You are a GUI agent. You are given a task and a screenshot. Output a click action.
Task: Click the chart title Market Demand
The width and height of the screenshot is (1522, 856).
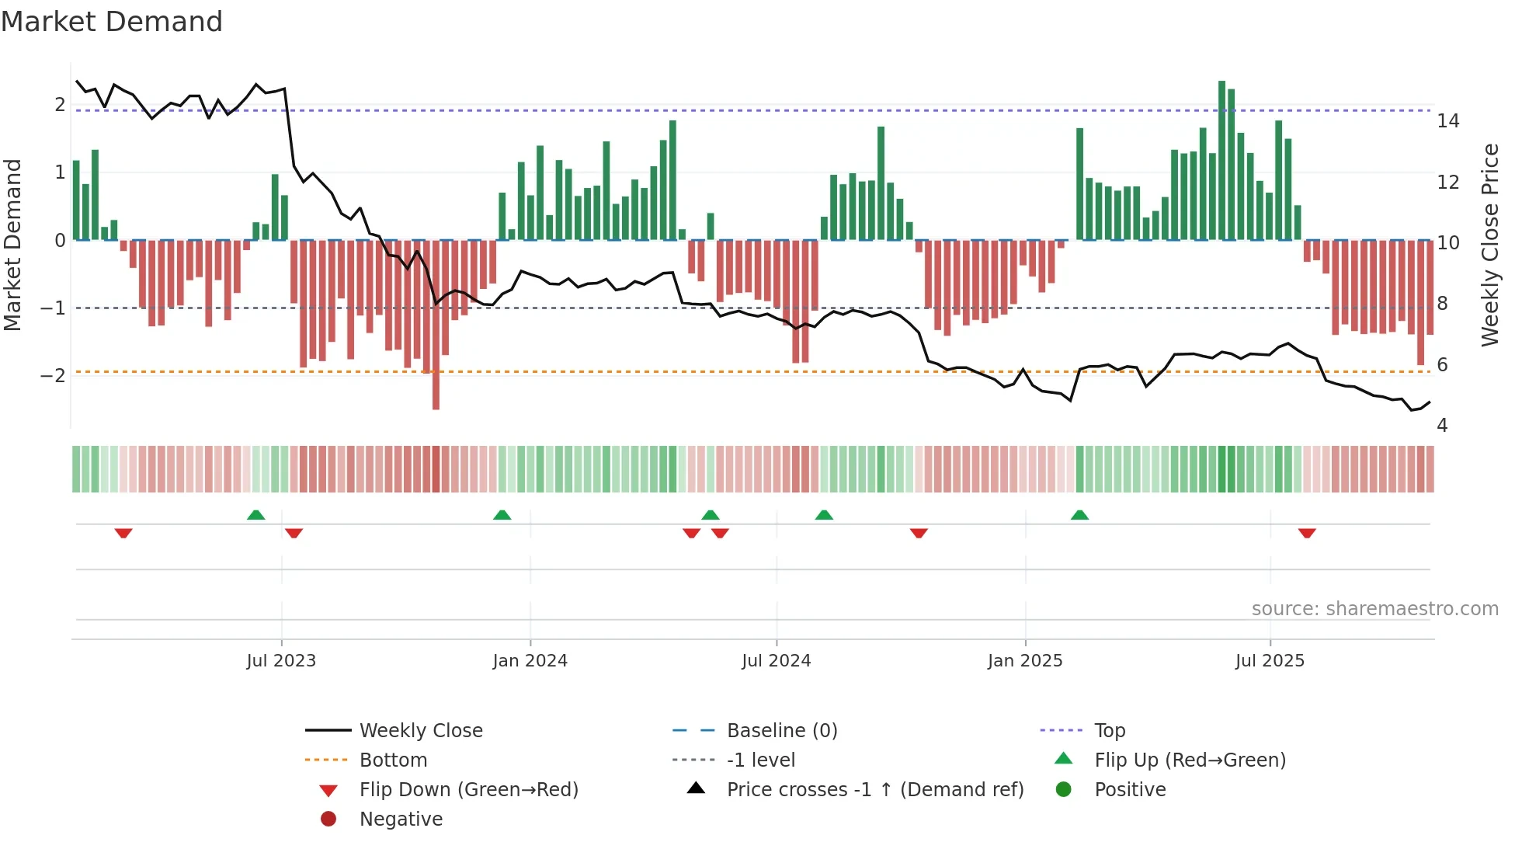click(x=112, y=22)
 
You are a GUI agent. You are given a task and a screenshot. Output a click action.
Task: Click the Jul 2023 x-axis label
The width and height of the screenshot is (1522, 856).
click(x=281, y=661)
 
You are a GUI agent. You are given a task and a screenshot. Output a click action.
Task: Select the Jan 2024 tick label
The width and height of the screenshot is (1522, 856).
click(x=530, y=661)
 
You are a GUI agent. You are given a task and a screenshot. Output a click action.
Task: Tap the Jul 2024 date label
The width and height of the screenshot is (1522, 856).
click(x=776, y=661)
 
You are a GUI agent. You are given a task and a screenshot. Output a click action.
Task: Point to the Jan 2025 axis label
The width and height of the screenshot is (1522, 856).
click(x=1025, y=661)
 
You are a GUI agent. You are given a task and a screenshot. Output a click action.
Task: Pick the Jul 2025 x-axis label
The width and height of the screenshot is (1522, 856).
click(x=1270, y=661)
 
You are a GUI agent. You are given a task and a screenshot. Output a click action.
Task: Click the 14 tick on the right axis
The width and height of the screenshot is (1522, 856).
click(x=1448, y=121)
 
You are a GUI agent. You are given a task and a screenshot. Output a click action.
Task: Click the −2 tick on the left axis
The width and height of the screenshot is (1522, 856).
click(x=53, y=376)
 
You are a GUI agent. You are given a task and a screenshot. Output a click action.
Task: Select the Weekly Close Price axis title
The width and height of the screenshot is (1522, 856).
click(x=1489, y=245)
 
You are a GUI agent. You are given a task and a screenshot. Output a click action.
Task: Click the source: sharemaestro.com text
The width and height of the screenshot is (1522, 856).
click(x=1374, y=609)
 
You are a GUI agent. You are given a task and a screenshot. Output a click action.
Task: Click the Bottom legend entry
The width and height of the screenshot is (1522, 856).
click(x=393, y=760)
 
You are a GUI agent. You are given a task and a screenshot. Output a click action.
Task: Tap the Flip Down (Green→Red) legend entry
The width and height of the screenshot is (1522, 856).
click(x=468, y=790)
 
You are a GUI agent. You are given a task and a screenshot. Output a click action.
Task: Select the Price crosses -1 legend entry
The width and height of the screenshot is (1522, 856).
click(x=874, y=790)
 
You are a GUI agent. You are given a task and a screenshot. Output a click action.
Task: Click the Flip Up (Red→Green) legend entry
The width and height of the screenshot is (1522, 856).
click(x=1190, y=760)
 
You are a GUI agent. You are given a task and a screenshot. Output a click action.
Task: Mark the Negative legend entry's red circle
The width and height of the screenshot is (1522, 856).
click(x=328, y=819)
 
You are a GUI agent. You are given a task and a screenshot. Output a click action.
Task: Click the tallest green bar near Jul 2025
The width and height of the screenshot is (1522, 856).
click(x=1221, y=155)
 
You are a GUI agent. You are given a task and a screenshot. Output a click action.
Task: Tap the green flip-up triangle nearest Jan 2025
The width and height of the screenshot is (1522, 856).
click(x=1079, y=515)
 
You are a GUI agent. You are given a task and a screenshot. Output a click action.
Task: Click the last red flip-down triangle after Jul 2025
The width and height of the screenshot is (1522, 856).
click(x=1307, y=533)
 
